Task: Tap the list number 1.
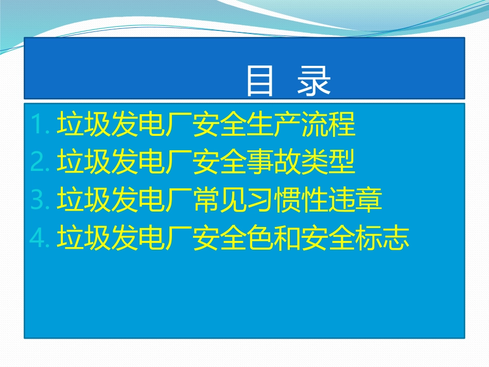39,125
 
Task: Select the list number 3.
39,201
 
